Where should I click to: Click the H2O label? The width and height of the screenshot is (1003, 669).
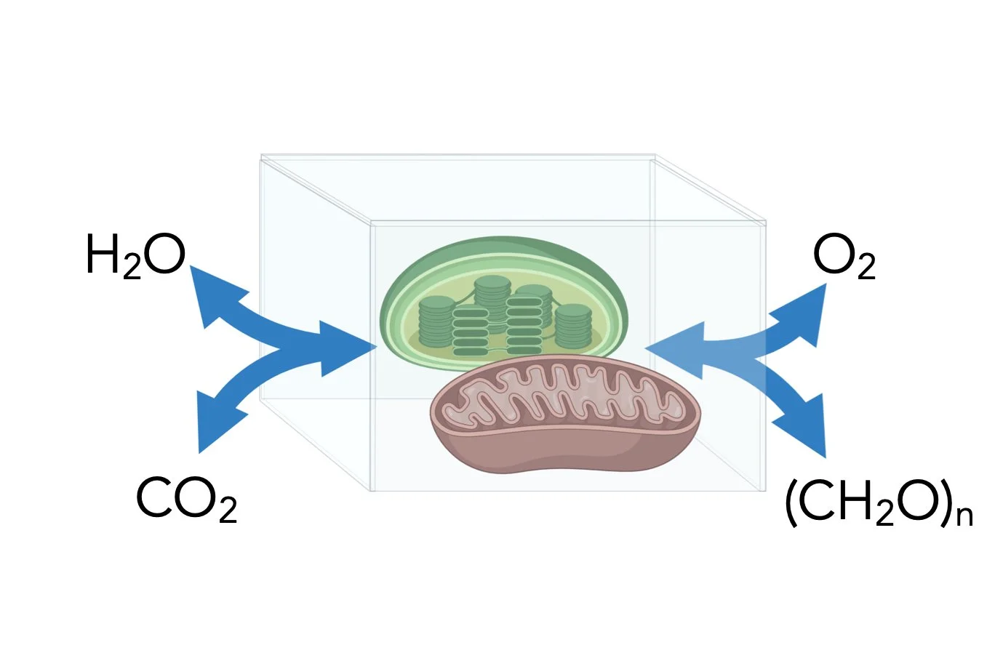click(x=135, y=256)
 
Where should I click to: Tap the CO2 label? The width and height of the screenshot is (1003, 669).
click(x=186, y=500)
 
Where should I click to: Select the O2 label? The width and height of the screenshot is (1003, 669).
click(x=844, y=257)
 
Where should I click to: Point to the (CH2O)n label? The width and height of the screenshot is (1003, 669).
click(x=878, y=503)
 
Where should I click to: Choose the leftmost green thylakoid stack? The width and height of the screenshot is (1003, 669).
click(x=436, y=321)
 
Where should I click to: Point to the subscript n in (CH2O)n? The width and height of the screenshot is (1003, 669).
click(x=964, y=515)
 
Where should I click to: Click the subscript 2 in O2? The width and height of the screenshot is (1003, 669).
click(x=866, y=268)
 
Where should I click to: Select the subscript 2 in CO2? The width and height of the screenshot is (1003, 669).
click(x=227, y=510)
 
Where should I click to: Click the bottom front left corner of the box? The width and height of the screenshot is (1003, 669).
click(x=372, y=489)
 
